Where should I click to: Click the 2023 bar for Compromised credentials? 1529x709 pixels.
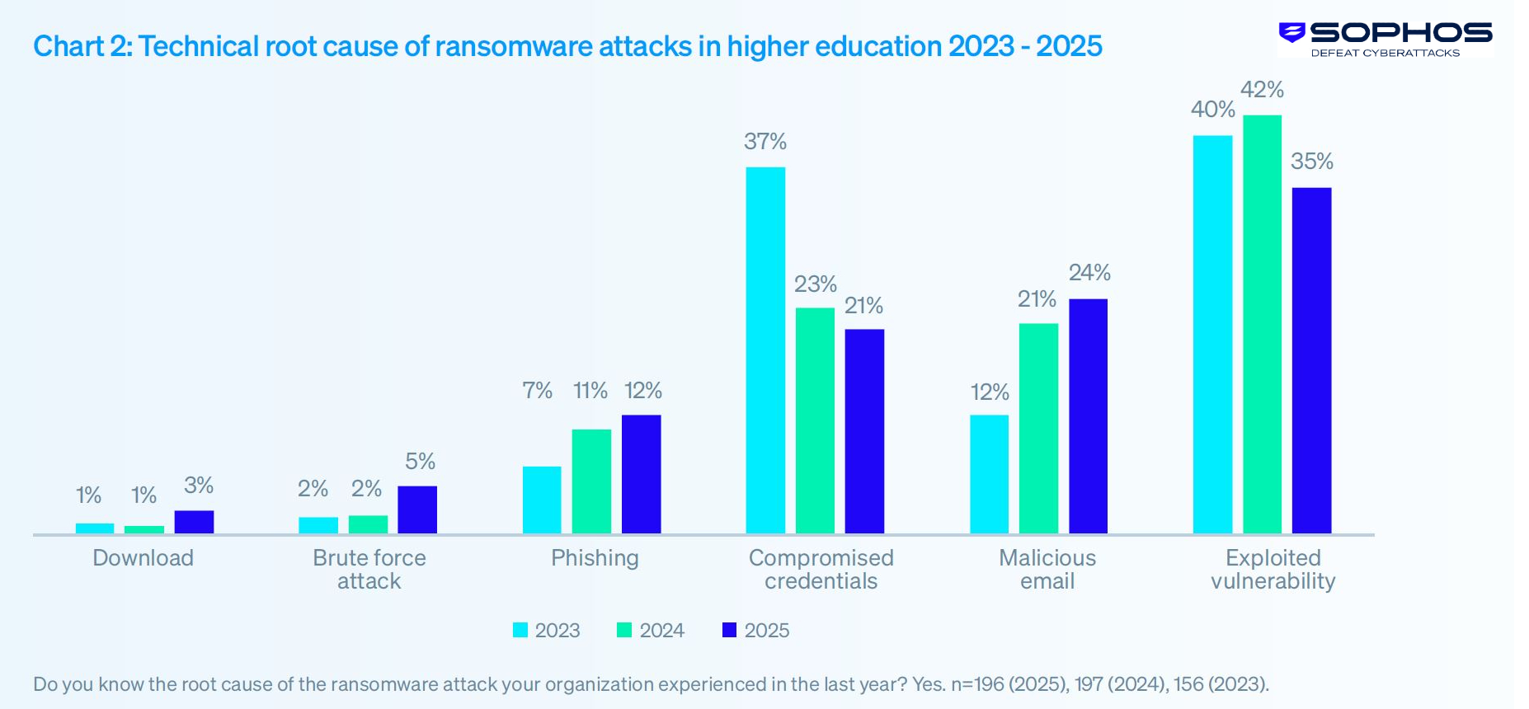[x=765, y=350]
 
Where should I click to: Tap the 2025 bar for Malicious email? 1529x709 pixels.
[x=1088, y=416]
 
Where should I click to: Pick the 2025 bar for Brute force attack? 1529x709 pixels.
[x=417, y=509]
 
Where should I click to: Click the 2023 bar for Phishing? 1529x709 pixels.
[x=542, y=500]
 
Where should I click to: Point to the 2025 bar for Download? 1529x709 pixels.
[x=194, y=522]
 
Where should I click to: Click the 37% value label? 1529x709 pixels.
[x=764, y=142]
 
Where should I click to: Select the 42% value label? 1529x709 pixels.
[x=1262, y=89]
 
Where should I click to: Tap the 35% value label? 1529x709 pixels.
[x=1311, y=162]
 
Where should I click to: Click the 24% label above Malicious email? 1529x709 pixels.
[x=1089, y=273]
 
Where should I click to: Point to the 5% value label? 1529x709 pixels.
[x=420, y=462]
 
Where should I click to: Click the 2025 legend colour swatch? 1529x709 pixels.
[x=729, y=630]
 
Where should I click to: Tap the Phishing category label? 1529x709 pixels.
[x=595, y=558]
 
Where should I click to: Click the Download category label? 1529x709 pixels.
[x=143, y=558]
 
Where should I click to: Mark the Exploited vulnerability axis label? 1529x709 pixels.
[x=1273, y=570]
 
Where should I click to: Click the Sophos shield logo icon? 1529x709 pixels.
[x=1291, y=32]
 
